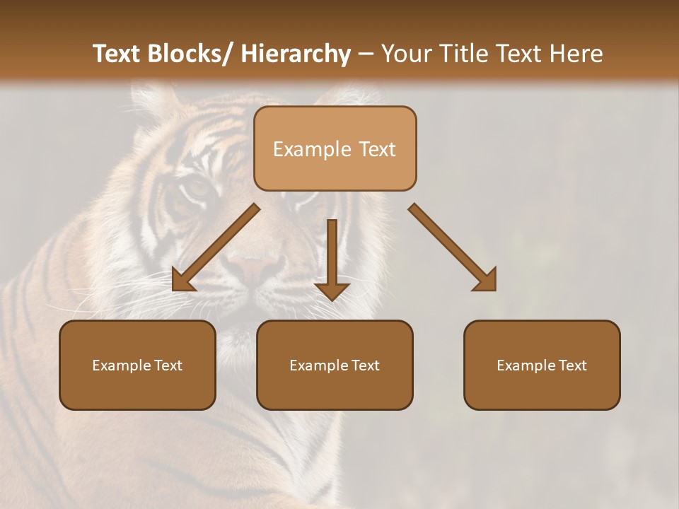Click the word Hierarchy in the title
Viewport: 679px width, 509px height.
tap(296, 54)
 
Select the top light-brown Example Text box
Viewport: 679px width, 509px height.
tap(335, 148)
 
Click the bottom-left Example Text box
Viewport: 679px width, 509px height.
tap(137, 365)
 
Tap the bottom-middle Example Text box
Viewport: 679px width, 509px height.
tap(335, 365)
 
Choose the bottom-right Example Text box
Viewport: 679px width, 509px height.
tap(542, 365)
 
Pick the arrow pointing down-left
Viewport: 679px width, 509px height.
tap(216, 247)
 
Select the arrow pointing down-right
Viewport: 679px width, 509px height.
tap(453, 247)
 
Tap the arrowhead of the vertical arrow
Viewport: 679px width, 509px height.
tap(332, 291)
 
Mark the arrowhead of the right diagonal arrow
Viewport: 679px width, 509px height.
tap(486, 281)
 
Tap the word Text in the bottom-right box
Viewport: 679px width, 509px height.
tap(572, 365)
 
